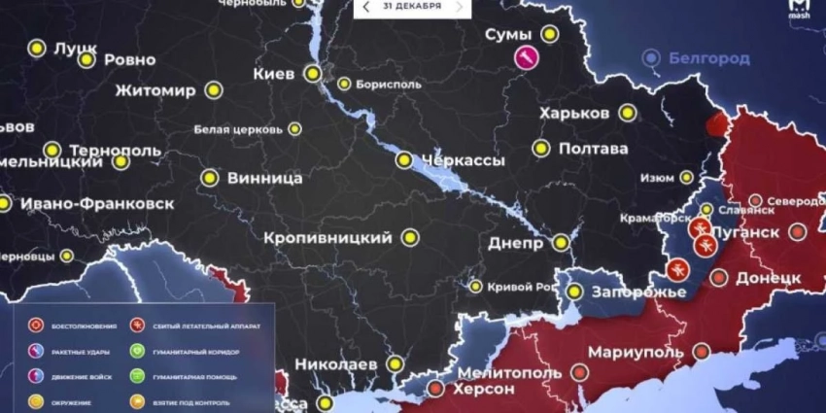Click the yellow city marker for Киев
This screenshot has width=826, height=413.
coord(312,73)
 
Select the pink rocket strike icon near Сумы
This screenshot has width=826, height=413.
coord(526,58)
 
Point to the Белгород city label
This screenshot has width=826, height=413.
coord(708,59)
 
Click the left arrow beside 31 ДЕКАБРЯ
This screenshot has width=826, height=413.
coord(366,7)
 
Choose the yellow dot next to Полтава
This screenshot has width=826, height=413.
coord(540,149)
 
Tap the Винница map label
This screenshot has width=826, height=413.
coord(263,179)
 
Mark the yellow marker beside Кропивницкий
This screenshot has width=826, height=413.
coord(409,237)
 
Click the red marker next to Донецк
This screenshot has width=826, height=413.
coord(719,278)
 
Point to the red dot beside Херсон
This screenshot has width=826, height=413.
coord(435,389)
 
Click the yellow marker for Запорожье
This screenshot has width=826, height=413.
coord(573,291)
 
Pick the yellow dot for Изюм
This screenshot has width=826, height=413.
coord(686,178)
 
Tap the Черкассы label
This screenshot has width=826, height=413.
coord(463,159)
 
